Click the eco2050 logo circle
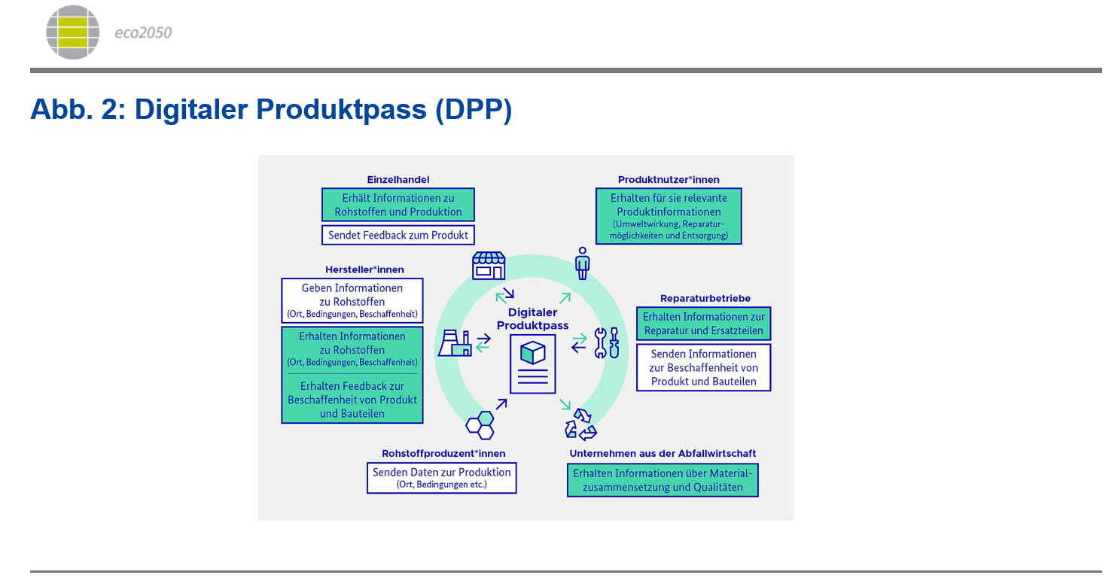[x=73, y=32]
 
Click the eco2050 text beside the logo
[x=143, y=33]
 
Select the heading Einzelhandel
[x=398, y=180]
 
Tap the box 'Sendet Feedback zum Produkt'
[x=398, y=235]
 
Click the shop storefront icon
[x=489, y=266]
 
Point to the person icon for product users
[x=582, y=263]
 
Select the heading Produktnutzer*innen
[x=669, y=180]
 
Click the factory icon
[x=455, y=342]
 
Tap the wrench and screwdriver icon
[x=607, y=342]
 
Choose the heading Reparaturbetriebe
[x=705, y=299]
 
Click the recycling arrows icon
[x=580, y=424]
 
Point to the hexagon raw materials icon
[x=480, y=425]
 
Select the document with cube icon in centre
[x=533, y=364]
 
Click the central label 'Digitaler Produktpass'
[x=533, y=319]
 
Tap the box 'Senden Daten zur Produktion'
[x=442, y=478]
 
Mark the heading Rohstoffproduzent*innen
[x=443, y=453]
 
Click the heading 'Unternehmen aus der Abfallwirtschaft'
[x=663, y=453]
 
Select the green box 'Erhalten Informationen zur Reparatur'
[x=704, y=324]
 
